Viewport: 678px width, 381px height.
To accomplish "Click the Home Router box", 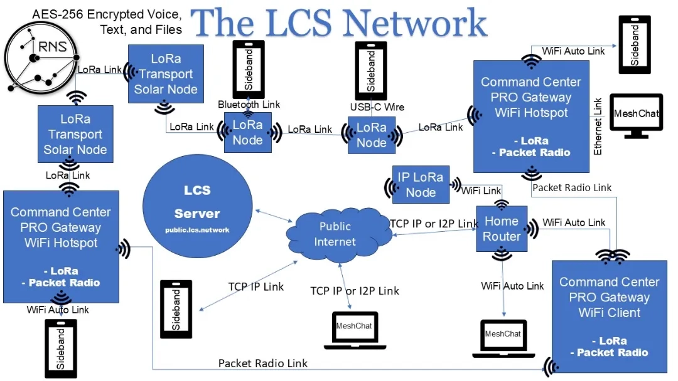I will click(x=501, y=229).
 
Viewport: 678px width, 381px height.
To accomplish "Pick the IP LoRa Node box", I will click(x=421, y=185).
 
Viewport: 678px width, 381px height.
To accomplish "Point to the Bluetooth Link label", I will click(x=249, y=104).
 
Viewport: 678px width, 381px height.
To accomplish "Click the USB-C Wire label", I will click(x=377, y=107).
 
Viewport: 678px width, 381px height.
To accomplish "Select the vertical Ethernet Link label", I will click(x=598, y=126).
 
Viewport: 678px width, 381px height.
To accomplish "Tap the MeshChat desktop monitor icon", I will click(x=636, y=117).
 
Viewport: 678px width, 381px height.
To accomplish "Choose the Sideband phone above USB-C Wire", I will click(x=371, y=70).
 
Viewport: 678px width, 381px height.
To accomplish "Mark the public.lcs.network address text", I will click(x=197, y=230).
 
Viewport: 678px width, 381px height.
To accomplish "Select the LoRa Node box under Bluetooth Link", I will click(x=248, y=132).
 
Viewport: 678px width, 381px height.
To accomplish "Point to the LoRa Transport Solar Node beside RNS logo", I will click(x=166, y=74).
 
